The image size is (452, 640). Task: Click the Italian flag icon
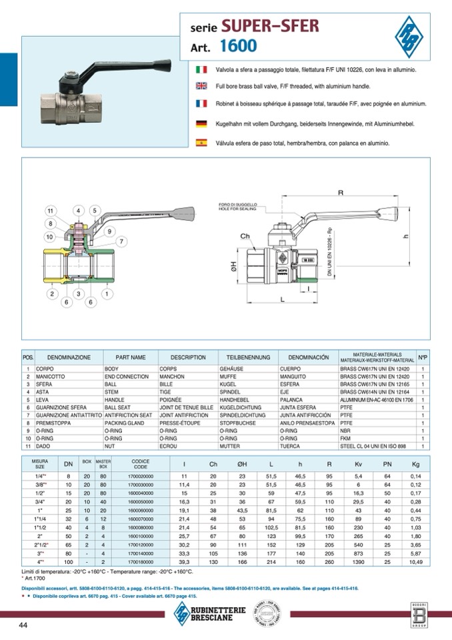click(x=201, y=69)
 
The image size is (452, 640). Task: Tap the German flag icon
click(x=201, y=123)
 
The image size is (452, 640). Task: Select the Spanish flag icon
click(x=201, y=142)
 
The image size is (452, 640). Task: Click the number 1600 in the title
click(x=237, y=47)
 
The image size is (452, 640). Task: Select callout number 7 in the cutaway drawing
click(x=121, y=241)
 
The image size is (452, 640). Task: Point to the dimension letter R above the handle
click(x=340, y=194)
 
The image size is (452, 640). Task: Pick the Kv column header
click(x=359, y=464)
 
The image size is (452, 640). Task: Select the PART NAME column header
click(x=130, y=358)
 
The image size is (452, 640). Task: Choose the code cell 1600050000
click(x=141, y=501)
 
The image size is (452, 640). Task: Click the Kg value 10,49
click(x=415, y=563)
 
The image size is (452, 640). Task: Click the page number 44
click(x=23, y=625)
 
